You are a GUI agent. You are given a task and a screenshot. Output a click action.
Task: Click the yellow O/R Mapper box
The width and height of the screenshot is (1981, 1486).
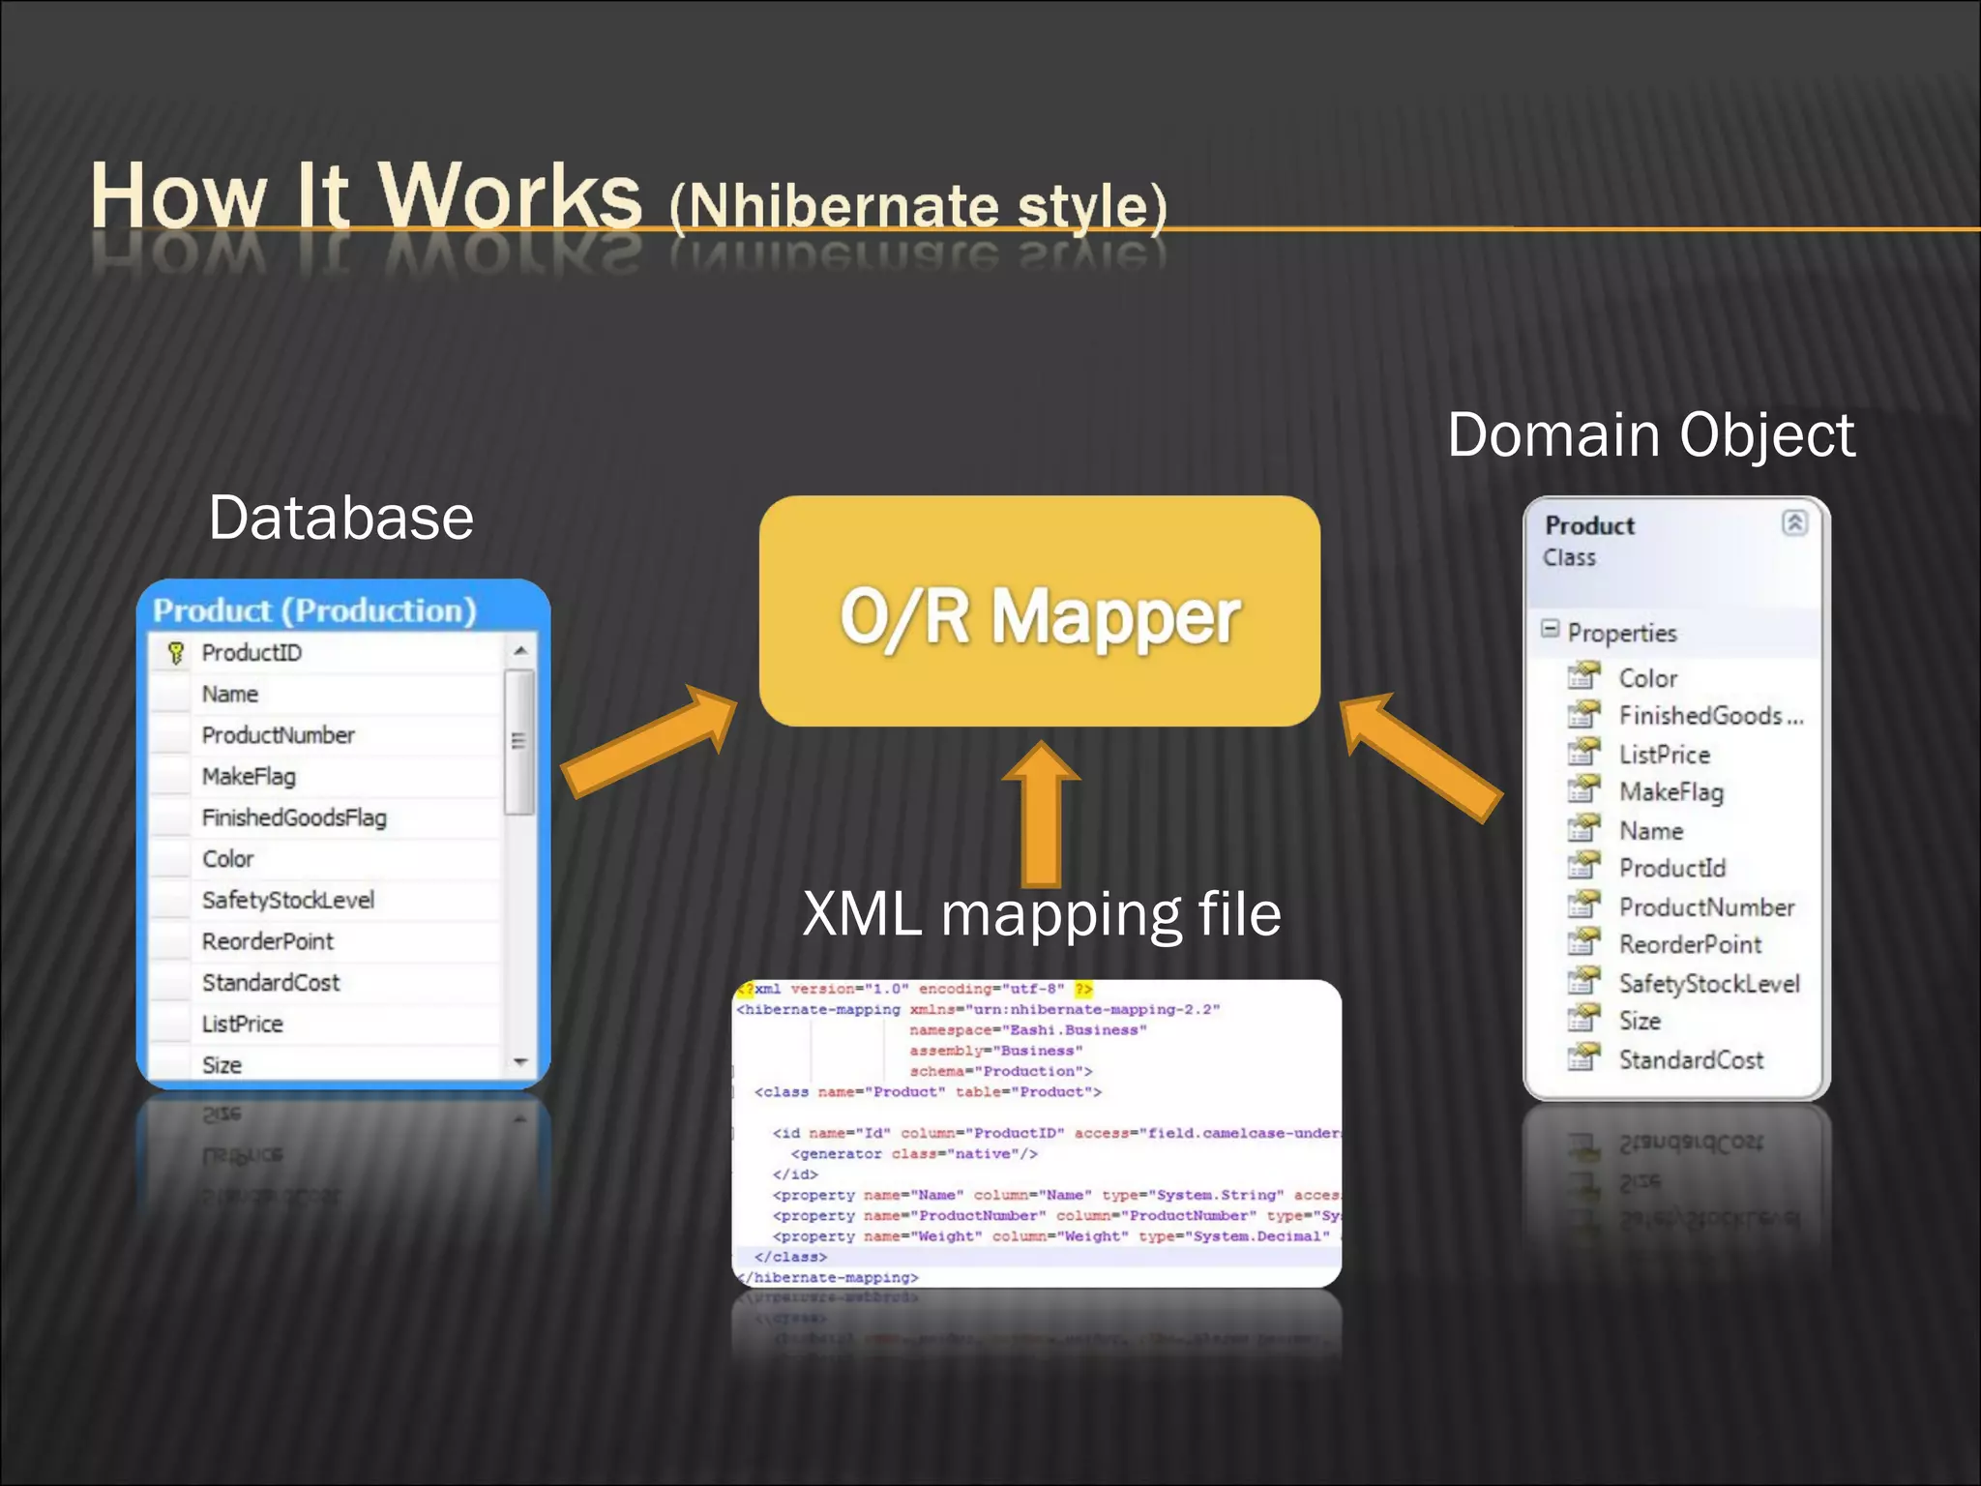point(1040,611)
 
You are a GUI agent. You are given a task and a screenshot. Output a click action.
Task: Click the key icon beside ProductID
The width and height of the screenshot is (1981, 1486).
point(175,653)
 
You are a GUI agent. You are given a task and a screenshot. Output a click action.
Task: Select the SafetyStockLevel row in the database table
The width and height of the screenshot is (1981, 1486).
point(287,901)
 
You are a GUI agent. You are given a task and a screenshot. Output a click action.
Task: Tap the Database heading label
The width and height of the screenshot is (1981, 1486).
point(340,518)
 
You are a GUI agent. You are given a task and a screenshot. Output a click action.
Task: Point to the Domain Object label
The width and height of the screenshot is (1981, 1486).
point(1650,434)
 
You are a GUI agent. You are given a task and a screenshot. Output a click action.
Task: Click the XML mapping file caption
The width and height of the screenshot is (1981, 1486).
point(1042,913)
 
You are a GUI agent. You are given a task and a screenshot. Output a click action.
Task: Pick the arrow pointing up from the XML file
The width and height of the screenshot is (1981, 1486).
point(1041,813)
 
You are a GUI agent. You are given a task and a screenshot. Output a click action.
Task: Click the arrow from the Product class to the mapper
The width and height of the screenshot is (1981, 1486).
point(1422,755)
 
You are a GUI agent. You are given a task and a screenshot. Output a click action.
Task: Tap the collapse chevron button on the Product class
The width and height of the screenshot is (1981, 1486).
point(1794,523)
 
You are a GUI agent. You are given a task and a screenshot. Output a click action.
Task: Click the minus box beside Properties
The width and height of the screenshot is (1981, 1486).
point(1550,630)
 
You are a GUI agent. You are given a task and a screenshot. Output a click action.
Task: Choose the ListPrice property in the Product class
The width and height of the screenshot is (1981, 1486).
point(1664,755)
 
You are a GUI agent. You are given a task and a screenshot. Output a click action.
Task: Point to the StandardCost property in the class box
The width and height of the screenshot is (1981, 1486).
point(1691,1060)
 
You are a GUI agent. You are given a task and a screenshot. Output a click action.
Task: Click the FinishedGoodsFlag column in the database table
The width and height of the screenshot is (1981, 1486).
point(294,818)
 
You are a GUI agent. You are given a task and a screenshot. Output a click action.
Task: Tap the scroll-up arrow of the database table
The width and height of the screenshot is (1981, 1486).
point(520,651)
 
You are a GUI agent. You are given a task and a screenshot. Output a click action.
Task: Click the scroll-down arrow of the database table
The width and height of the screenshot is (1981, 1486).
point(520,1062)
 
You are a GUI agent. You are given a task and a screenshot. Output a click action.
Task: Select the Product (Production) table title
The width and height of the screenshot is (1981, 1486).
point(314,610)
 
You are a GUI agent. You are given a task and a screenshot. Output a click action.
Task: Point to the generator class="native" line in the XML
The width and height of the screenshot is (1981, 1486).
point(914,1154)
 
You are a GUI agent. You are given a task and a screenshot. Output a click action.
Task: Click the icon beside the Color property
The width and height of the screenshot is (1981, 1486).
point(1583,676)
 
